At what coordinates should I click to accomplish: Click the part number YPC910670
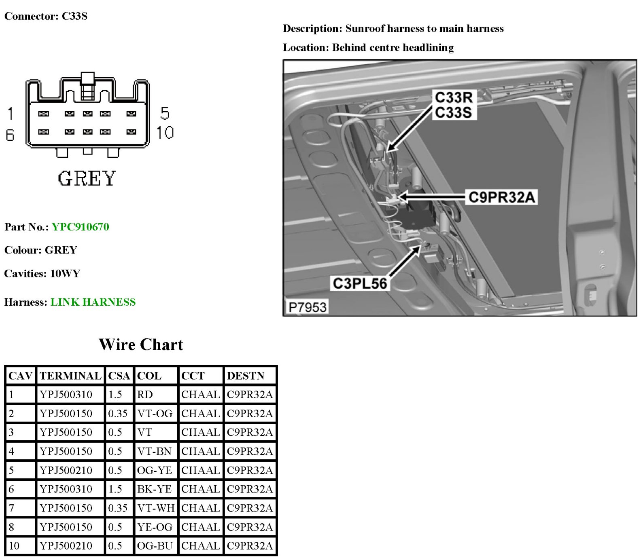point(80,227)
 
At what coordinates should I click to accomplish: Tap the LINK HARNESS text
point(93,302)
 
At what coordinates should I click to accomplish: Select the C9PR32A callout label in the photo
point(501,197)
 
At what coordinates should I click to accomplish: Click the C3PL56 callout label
point(360,283)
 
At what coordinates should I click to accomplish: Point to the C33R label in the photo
point(453,97)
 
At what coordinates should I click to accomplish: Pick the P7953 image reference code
point(307,307)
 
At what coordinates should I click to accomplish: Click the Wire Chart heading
point(141,344)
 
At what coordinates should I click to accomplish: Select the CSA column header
point(119,376)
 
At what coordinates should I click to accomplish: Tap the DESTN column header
point(245,376)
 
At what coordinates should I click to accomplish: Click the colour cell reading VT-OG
point(155,414)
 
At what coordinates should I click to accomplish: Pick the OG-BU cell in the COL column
point(155,546)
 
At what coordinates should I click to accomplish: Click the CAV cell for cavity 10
point(14,546)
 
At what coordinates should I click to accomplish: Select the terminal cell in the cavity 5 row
point(66,470)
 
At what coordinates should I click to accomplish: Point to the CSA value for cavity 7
point(118,508)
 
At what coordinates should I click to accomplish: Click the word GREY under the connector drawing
point(87,179)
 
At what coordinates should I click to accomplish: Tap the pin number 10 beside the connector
point(165,133)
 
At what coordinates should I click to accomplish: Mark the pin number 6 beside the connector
point(10,135)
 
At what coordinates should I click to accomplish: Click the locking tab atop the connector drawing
point(87,79)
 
